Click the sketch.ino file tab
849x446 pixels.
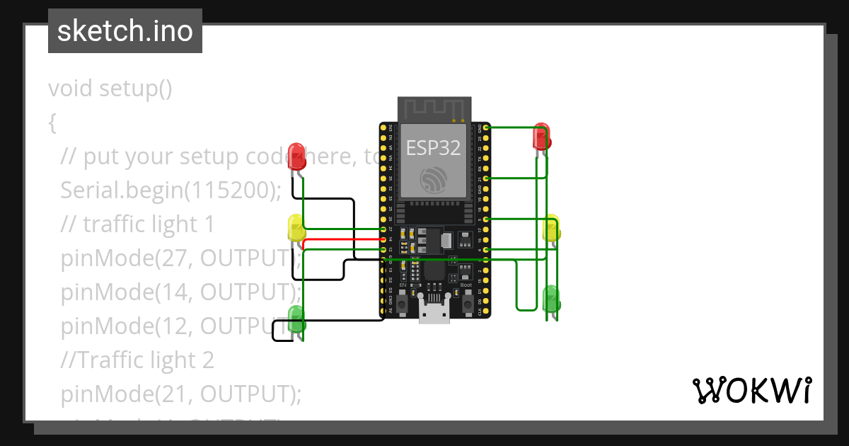[x=125, y=31]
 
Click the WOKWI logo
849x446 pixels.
[x=751, y=390]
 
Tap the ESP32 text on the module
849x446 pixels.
[x=433, y=147]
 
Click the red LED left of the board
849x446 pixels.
[x=297, y=156]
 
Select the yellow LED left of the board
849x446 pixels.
[x=296, y=228]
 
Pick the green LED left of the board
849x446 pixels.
[x=296, y=319]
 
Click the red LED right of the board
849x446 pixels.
[x=541, y=137]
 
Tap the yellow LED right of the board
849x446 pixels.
[x=551, y=228]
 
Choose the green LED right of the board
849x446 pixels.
[x=551, y=299]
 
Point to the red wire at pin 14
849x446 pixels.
[x=340, y=240]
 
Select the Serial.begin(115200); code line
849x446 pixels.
[x=171, y=190]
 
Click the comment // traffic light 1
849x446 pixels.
[x=137, y=224]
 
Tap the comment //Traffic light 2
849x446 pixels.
[x=137, y=360]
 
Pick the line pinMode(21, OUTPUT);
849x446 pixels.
[x=180, y=394]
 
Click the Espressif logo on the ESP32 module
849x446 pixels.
[x=433, y=179]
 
